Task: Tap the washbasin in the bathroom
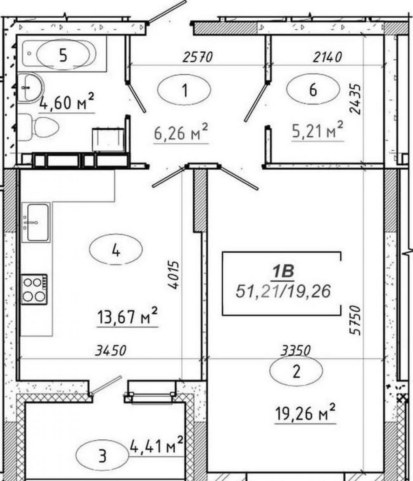[x=30, y=88]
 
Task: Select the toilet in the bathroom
[x=38, y=127]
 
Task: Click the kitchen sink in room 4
[x=36, y=222]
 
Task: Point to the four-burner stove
[x=34, y=289]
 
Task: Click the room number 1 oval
[x=184, y=90]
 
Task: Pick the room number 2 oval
[x=296, y=371]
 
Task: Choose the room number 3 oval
[x=102, y=455]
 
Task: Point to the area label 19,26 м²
[x=305, y=413]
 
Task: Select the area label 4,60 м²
[x=66, y=102]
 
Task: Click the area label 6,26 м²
[x=181, y=133]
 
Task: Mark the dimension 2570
[x=197, y=57]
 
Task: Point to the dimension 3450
[x=111, y=350]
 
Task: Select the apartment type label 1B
[x=283, y=272]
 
